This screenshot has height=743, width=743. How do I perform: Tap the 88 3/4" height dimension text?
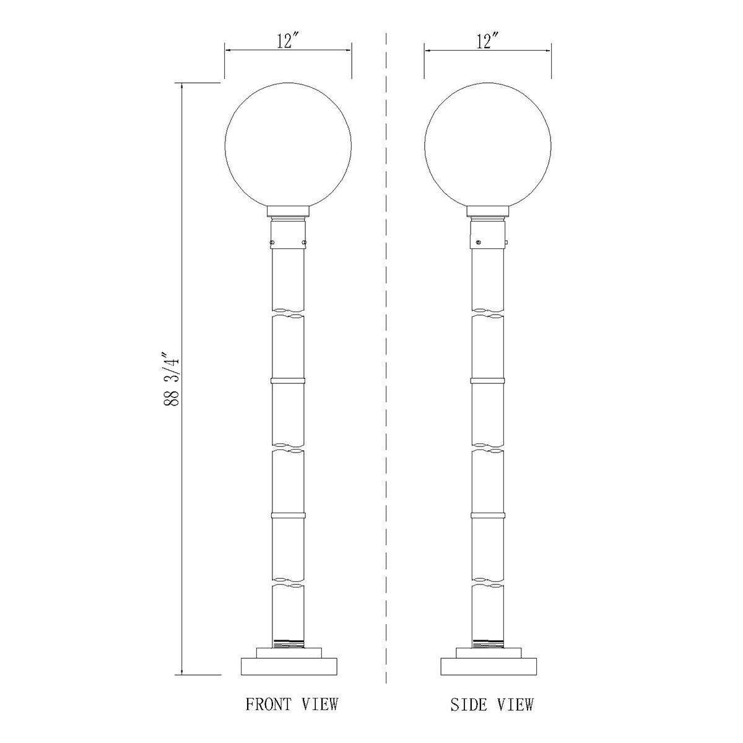172,379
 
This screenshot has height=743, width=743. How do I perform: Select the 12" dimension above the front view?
288,41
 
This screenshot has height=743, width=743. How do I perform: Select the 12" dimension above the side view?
488,41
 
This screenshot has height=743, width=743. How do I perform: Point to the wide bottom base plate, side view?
488,666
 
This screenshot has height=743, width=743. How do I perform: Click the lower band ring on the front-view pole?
288,514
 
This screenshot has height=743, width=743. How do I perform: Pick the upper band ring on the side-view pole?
488,379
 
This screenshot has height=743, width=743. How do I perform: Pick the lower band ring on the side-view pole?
488,515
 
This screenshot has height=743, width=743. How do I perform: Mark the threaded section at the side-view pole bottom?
488,641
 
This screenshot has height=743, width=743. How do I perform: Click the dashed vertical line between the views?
386,371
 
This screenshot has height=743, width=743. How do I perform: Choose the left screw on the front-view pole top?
273,241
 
